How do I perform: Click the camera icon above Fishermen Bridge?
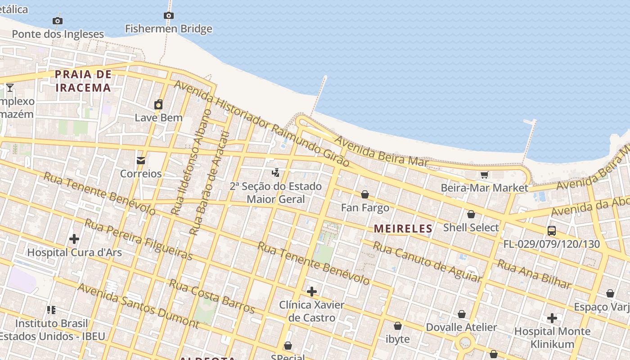tap(168, 16)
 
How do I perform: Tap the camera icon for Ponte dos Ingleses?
tap(57, 21)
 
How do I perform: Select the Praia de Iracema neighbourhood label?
tap(83, 81)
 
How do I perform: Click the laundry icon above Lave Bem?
tap(158, 105)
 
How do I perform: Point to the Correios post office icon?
tap(141, 161)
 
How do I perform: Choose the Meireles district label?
tap(403, 229)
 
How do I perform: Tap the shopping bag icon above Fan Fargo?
tap(365, 194)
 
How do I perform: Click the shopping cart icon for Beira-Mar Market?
tap(484, 175)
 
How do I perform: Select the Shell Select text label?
tap(471, 227)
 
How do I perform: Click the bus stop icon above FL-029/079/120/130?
tap(551, 231)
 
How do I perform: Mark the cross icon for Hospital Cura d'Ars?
tap(74, 238)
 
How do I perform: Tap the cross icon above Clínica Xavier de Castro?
tap(311, 292)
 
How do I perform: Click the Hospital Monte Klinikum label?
tap(552, 337)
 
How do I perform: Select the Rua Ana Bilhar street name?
tap(534, 274)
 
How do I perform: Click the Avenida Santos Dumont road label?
tap(138, 306)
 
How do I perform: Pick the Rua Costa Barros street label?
tap(211, 296)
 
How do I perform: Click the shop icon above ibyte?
tap(398, 326)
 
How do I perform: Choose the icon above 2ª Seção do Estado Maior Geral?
tap(276, 172)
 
